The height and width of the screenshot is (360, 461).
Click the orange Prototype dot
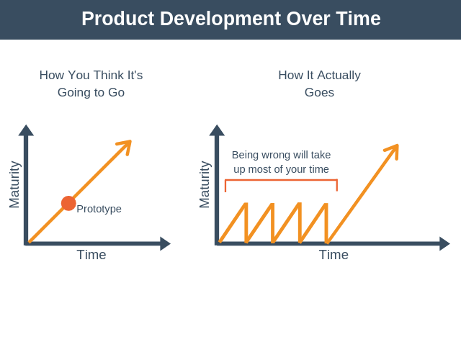[x=68, y=203]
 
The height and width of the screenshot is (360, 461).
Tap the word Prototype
[x=99, y=209]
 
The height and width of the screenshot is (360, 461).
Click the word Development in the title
[x=220, y=19]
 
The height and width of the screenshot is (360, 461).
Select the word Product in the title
[x=118, y=19]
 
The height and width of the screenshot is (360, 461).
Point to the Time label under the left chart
[x=91, y=255]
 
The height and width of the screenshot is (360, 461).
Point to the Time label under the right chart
[x=334, y=255]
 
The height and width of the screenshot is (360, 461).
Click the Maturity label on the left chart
[x=14, y=184]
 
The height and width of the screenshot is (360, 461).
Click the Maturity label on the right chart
[x=205, y=184]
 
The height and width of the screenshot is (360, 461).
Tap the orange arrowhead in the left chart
[x=126, y=145]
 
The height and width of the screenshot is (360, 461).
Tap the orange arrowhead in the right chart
[x=393, y=150]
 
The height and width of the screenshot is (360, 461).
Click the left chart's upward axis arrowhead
[x=26, y=130]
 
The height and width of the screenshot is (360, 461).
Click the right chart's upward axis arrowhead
[x=217, y=130]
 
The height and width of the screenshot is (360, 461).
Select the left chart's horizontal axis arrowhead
[x=165, y=243]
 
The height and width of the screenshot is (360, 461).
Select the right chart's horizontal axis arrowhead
[x=444, y=243]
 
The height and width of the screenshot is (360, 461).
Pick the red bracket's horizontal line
[x=281, y=179]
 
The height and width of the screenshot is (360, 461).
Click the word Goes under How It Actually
[x=319, y=93]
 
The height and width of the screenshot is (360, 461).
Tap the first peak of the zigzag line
[x=246, y=204]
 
